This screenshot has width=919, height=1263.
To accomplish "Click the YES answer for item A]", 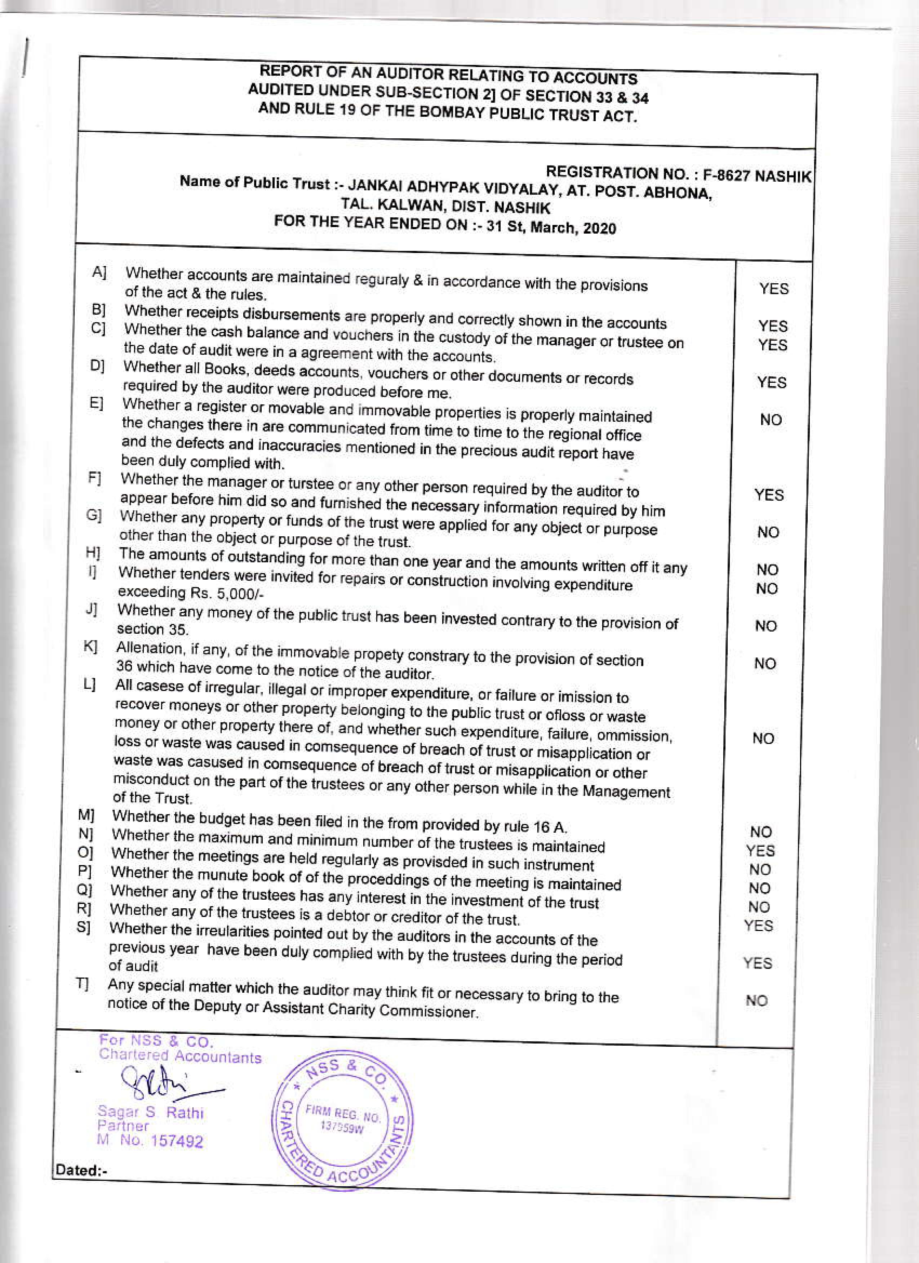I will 774,288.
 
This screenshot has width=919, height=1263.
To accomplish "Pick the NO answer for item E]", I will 771,420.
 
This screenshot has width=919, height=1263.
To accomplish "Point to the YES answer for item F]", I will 769,495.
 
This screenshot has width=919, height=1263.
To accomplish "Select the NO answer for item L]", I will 763,739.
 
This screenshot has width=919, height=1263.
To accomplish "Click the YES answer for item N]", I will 760,850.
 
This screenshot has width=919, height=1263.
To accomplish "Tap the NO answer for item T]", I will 756,1000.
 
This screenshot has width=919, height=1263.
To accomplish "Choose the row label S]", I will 84,928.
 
